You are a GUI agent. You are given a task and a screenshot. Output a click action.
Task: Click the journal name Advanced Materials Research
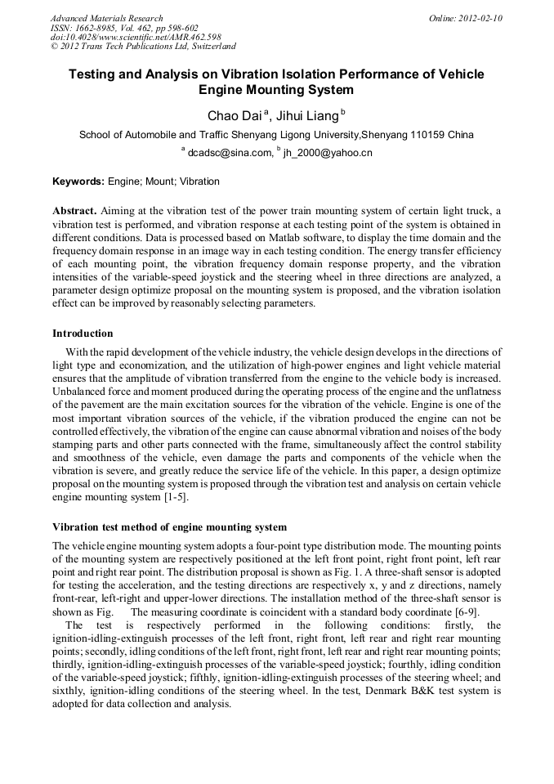tap(106, 18)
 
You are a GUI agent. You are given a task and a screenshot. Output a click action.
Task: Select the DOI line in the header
tap(136, 38)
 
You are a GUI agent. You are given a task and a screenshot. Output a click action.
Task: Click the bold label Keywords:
tap(78, 181)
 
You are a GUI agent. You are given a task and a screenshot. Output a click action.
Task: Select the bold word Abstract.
tap(74, 210)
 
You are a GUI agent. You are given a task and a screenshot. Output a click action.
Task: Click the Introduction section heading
tap(83, 334)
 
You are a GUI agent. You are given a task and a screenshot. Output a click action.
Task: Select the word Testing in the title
tap(96, 74)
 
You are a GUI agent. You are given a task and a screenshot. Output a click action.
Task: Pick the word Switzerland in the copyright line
tap(208, 47)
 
